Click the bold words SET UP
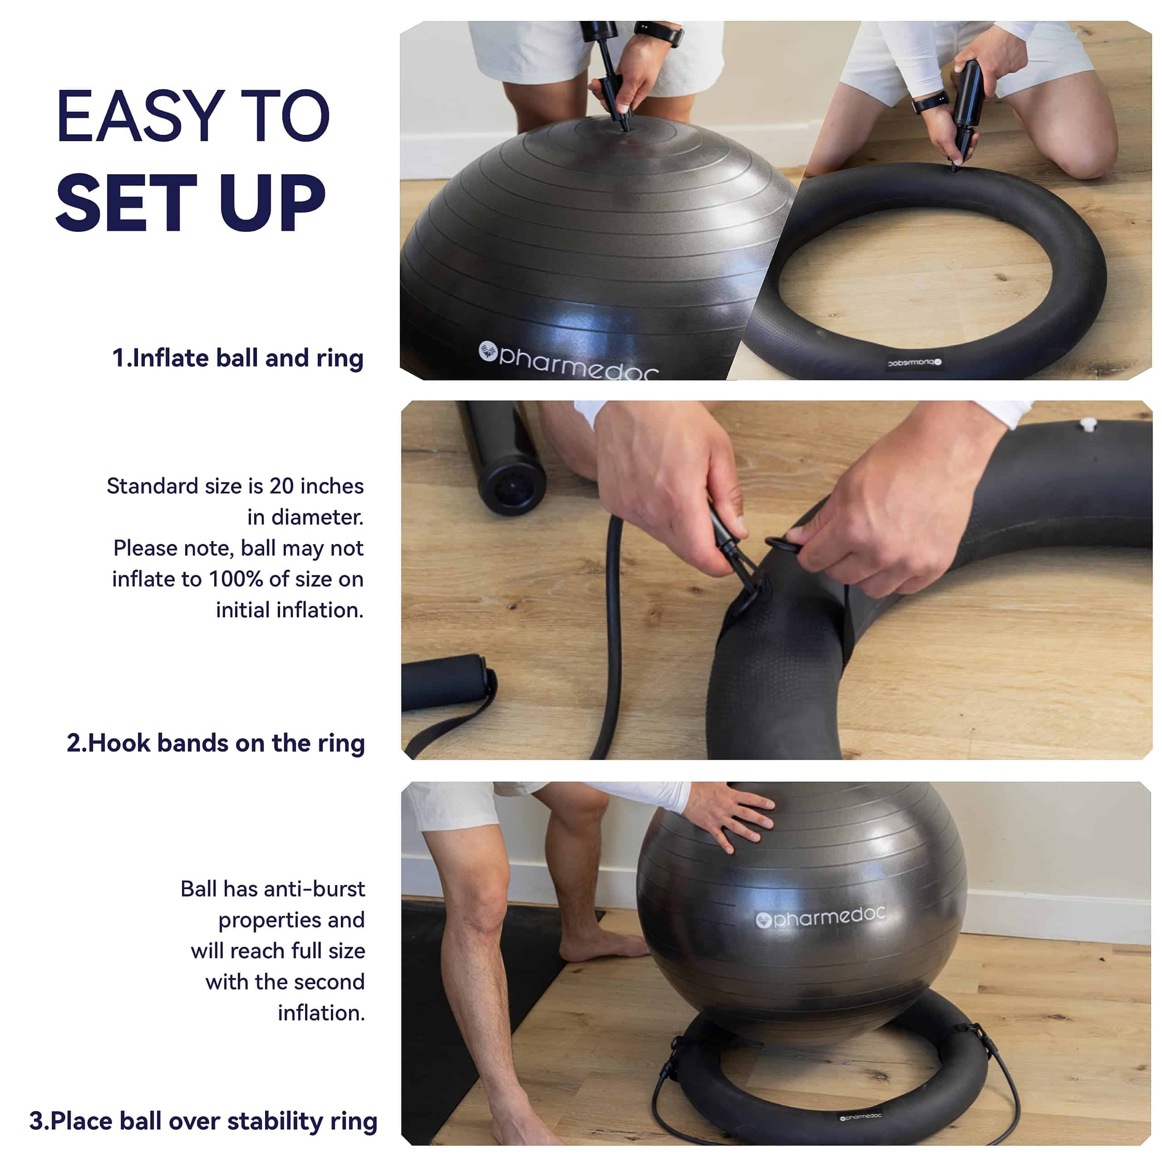191,203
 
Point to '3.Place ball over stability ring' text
203,1121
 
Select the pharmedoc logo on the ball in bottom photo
821,916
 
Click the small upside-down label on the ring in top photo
914,363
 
